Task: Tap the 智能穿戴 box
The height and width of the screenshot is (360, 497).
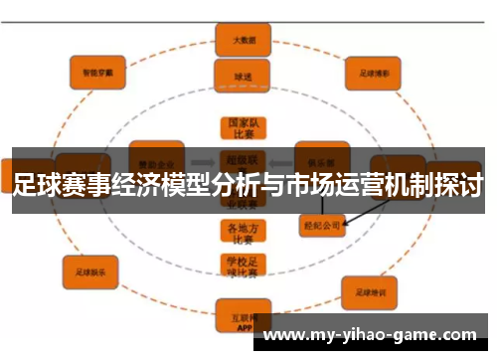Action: point(97,72)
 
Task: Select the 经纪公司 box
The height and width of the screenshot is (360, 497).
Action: point(320,226)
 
